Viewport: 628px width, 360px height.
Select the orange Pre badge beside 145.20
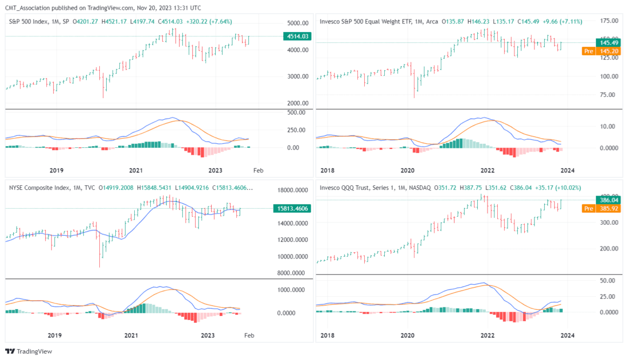588,51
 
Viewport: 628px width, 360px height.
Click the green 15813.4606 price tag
291,209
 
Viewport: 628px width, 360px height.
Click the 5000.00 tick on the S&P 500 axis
297,23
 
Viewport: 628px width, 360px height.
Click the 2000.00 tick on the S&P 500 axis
297,103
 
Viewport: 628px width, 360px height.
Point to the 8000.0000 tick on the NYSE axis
292,273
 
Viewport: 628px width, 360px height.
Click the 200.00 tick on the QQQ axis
607,249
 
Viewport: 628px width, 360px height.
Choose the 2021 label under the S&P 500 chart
135,170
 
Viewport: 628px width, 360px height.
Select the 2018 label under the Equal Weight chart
328,170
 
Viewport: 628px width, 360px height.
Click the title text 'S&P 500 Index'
29,22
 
